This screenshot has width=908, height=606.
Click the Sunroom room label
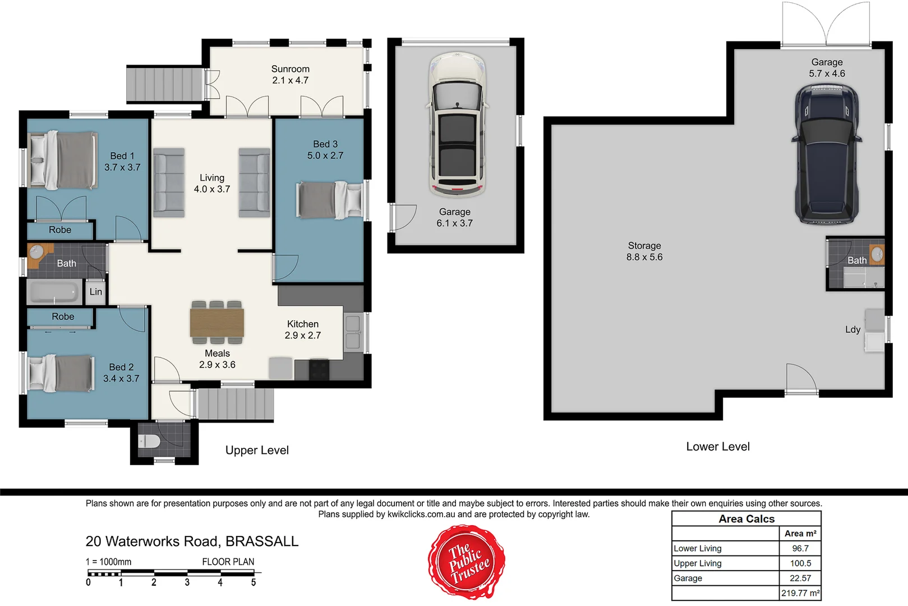coord(290,75)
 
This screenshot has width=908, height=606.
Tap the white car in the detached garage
coord(457,125)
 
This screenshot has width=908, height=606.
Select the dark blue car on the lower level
coord(827,154)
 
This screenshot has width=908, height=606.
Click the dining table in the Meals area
coord(217,323)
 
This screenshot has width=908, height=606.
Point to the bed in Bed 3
coord(329,200)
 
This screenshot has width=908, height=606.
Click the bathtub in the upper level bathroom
coord(54,292)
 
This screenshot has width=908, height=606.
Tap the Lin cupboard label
coord(96,292)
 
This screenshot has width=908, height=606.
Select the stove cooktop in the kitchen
coord(319,369)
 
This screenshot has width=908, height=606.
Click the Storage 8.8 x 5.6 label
coord(644,251)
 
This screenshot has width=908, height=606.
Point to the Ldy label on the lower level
coord(852,329)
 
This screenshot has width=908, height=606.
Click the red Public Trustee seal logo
coord(467,562)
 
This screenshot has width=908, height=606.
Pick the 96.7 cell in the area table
coord(800,548)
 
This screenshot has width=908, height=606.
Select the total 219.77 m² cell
coord(800,593)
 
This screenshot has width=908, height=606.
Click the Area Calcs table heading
coord(746,519)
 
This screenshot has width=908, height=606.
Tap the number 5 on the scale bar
coord(253,583)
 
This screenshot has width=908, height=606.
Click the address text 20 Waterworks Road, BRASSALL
coord(192,541)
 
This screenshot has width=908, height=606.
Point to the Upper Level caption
coord(257,450)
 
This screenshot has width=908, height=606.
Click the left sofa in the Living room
coord(169,183)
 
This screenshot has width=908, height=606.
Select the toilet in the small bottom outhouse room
coord(149,441)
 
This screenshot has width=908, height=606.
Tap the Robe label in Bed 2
coord(63,316)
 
